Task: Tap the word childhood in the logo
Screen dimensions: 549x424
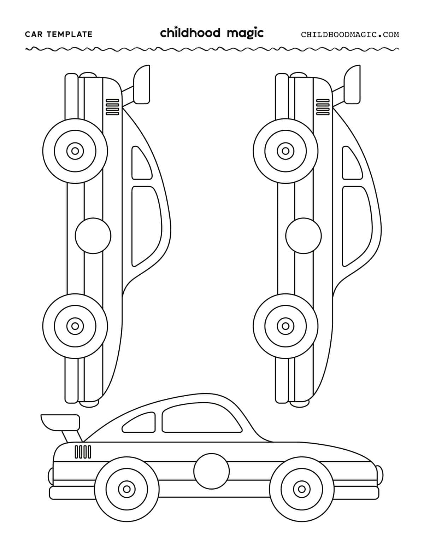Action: pyautogui.click(x=190, y=33)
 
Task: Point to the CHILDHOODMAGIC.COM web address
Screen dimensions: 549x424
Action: pyautogui.click(x=350, y=35)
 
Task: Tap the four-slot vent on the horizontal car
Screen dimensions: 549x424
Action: pyautogui.click(x=83, y=452)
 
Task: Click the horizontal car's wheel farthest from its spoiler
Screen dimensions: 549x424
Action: pyautogui.click(x=301, y=489)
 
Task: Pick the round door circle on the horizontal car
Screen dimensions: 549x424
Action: pyautogui.click(x=211, y=472)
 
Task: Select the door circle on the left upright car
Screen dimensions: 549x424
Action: pyautogui.click(x=93, y=236)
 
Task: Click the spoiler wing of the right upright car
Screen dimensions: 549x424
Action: pyautogui.click(x=353, y=85)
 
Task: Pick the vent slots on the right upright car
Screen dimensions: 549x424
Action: pyautogui.click(x=323, y=107)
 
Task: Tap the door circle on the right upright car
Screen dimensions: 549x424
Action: pyautogui.click(x=304, y=236)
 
